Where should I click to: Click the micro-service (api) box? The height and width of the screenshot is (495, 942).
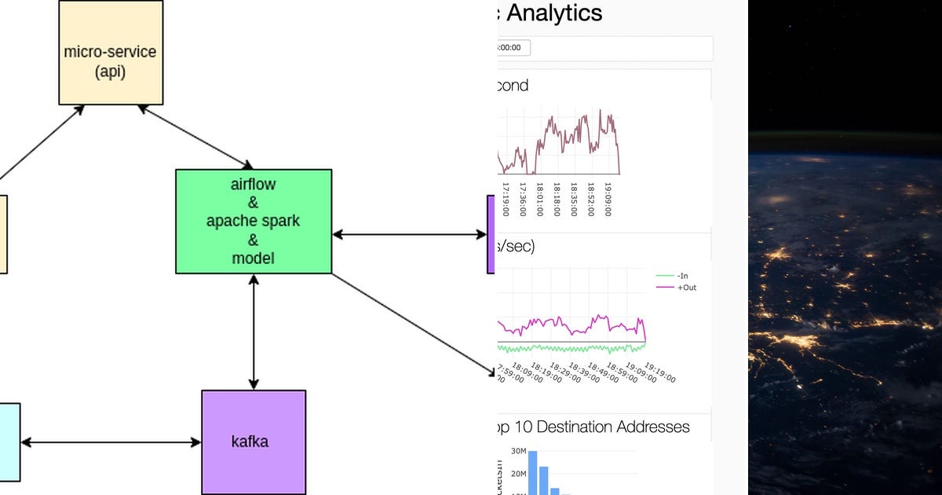point(111,53)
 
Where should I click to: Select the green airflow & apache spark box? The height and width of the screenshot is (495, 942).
point(253,221)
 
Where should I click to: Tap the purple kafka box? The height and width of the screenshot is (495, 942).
point(253,442)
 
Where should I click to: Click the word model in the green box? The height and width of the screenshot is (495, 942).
point(253,258)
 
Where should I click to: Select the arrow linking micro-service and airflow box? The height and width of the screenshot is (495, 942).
point(196,137)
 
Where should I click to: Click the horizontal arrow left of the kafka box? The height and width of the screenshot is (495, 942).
point(111,442)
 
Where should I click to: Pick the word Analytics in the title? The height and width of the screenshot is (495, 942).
point(554,13)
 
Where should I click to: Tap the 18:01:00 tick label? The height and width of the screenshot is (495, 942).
point(540,200)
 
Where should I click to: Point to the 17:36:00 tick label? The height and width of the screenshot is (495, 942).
point(522,200)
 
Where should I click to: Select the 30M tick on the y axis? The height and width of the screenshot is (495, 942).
point(518,451)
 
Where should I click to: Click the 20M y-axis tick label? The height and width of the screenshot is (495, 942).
point(518,473)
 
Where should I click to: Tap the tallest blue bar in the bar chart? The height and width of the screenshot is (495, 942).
point(532,471)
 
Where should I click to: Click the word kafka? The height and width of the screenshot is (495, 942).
point(250,442)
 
